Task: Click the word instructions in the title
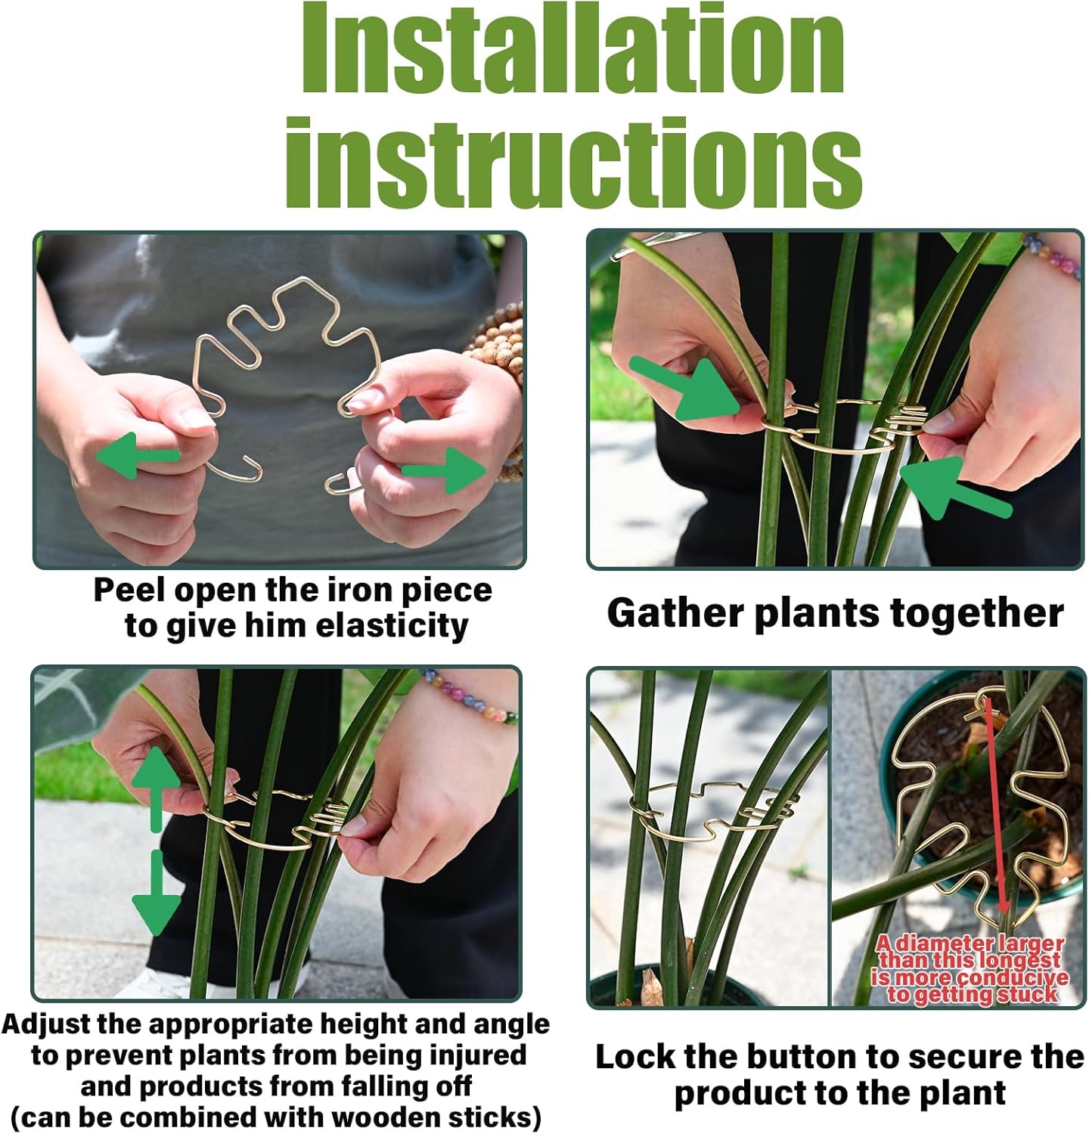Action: point(572,163)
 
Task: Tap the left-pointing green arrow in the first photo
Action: point(136,455)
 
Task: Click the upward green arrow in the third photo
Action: point(157,786)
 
